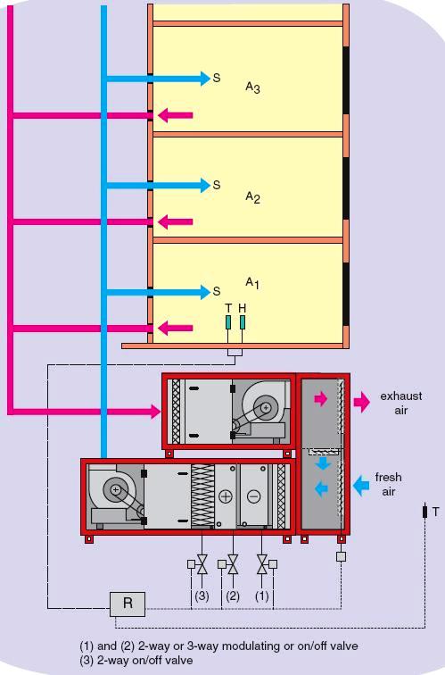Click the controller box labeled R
pyautogui.click(x=128, y=604)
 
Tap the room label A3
pyautogui.click(x=252, y=87)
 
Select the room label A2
pyautogui.click(x=252, y=196)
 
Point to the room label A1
pyautogui.click(x=252, y=283)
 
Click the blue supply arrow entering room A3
pyautogui.click(x=156, y=79)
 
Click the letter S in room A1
pyautogui.click(x=216, y=292)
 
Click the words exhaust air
pyautogui.click(x=400, y=403)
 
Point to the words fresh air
pyautogui.click(x=388, y=485)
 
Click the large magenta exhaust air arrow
pyautogui.click(x=360, y=402)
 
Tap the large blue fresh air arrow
pyautogui.click(x=362, y=486)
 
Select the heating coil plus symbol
pyautogui.click(x=225, y=496)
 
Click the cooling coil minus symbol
pyautogui.click(x=254, y=496)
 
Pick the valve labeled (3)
pyautogui.click(x=202, y=564)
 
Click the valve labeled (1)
pyautogui.click(x=262, y=564)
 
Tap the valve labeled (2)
pyautogui.click(x=233, y=564)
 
